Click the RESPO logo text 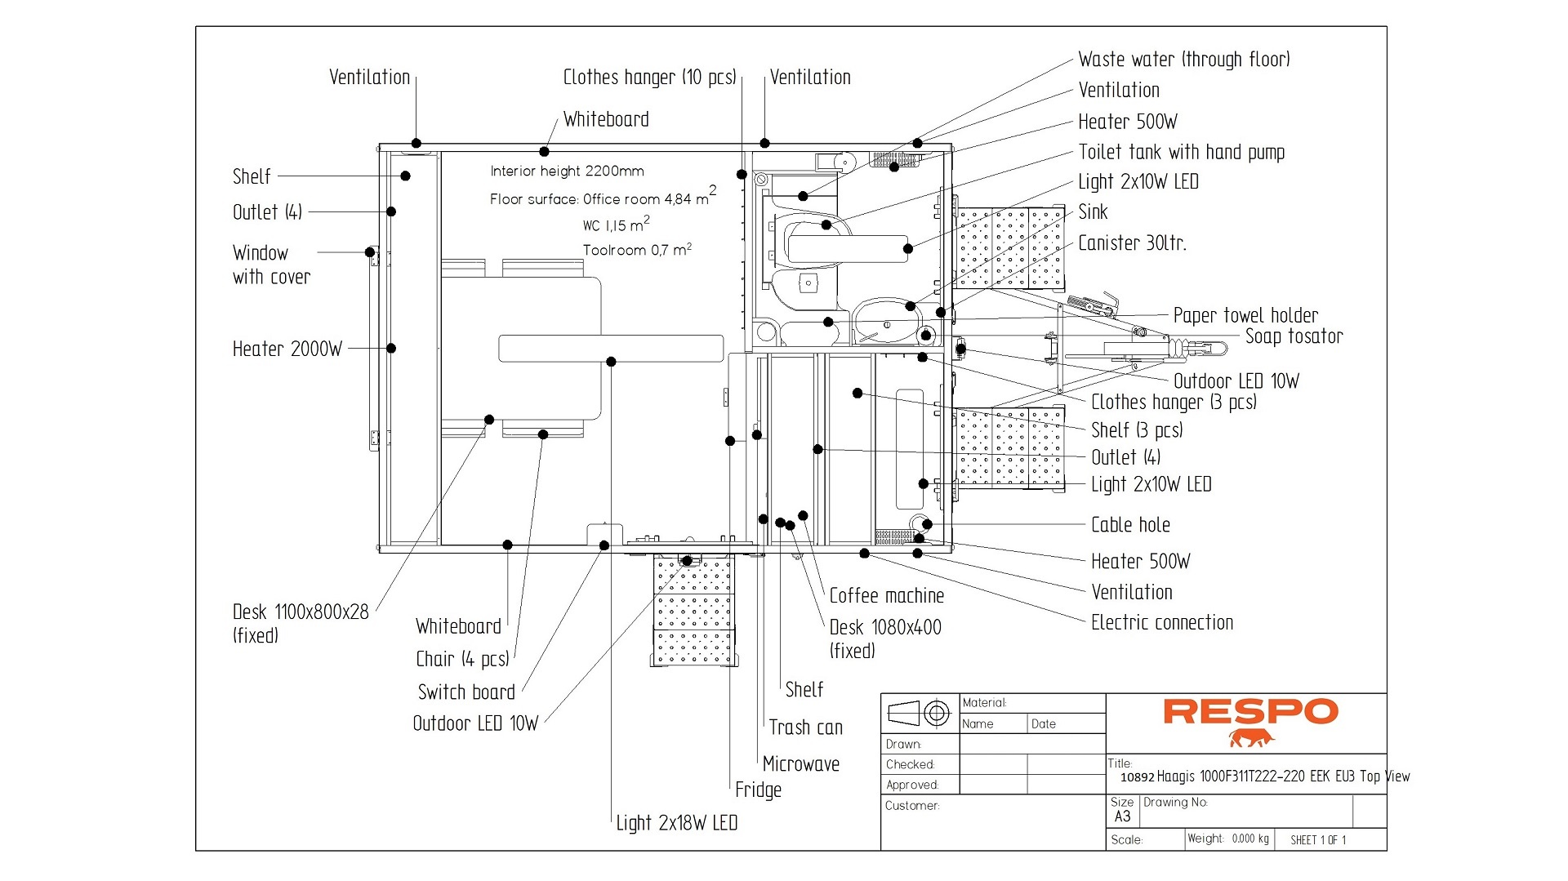[1250, 711]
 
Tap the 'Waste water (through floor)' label [1183, 60]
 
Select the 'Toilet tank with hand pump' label [1181, 152]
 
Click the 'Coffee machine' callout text [886, 596]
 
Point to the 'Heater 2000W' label [287, 349]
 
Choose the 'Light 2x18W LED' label [676, 823]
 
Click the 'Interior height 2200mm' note [567, 171]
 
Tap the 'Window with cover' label [270, 265]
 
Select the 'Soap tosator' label [1294, 336]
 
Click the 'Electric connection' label [1161, 623]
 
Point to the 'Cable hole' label [1130, 525]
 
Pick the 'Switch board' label [466, 692]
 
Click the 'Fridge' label [758, 790]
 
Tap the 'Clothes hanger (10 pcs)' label [649, 78]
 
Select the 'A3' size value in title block [1122, 816]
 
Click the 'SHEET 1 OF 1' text [1317, 840]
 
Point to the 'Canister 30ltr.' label [1132, 243]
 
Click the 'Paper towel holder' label [1245, 316]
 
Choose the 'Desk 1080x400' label [884, 628]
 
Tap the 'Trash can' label [805, 727]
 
